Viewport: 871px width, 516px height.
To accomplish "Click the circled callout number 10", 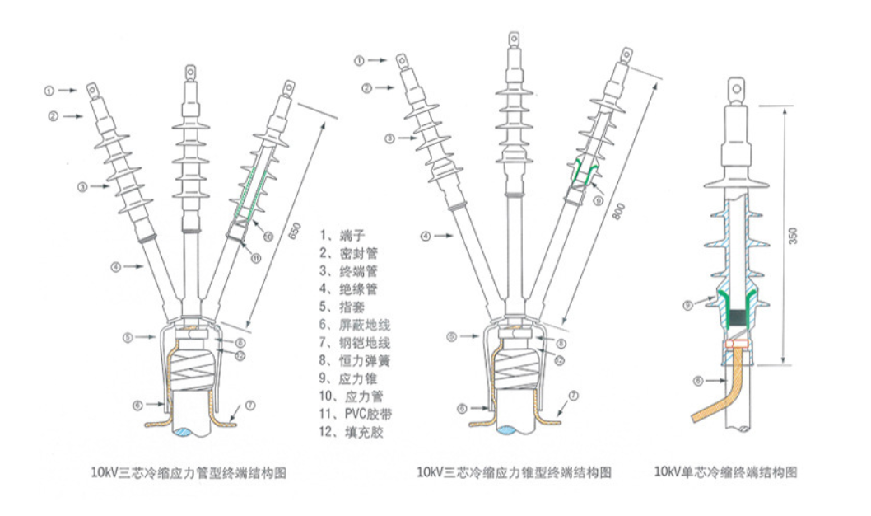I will point(269,237).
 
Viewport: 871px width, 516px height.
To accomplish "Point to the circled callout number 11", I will point(256,257).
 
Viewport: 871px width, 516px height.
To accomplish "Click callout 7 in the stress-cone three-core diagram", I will point(573,396).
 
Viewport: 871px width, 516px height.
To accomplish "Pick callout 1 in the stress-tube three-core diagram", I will point(49,89).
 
